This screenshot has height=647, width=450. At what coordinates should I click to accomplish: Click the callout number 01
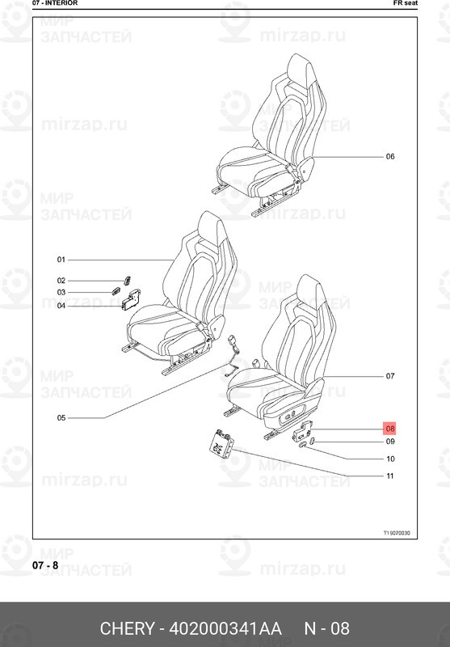point(61,260)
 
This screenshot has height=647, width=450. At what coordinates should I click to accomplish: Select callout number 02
point(61,281)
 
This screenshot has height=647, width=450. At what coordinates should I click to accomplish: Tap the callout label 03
point(61,292)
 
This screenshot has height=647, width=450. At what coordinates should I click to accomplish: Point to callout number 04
point(61,306)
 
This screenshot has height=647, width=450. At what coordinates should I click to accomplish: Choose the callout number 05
point(61,418)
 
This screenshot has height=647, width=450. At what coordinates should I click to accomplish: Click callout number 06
point(390,156)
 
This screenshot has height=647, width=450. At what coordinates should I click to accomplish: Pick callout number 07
point(390,376)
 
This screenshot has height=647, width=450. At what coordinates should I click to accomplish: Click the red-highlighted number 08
point(390,429)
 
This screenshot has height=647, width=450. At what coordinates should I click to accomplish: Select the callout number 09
point(390,442)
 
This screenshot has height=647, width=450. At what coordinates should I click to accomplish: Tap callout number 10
point(390,459)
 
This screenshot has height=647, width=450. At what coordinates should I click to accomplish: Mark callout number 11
point(390,476)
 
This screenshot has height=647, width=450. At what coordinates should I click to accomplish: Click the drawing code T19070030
point(397,533)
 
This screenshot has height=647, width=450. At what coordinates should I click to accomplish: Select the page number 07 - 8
point(45,565)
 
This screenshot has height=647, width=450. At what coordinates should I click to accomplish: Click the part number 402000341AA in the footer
point(226,628)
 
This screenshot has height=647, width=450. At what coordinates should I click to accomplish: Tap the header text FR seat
point(406,3)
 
